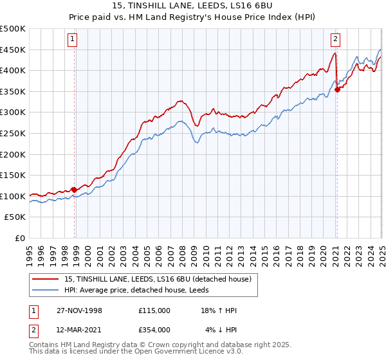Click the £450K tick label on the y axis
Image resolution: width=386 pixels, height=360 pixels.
click(13, 50)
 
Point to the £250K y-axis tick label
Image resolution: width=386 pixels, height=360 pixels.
click(13, 133)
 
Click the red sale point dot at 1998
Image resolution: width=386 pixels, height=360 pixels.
click(75, 190)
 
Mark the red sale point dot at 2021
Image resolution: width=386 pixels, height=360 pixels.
click(338, 90)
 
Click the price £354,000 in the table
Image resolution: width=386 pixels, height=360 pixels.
click(154, 329)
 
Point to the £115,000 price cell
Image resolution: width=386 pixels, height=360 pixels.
click(154, 310)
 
